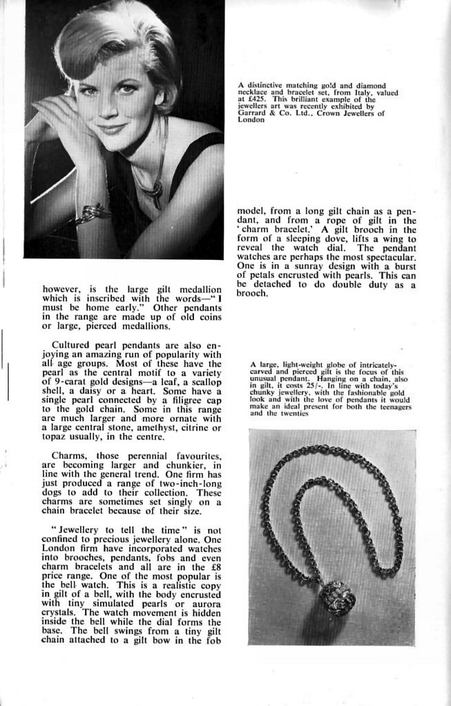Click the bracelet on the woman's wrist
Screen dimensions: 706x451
[x=93, y=213]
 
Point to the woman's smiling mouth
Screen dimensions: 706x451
[x=112, y=128]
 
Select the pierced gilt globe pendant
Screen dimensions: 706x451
[x=338, y=596]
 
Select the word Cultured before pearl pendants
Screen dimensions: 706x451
[x=72, y=344]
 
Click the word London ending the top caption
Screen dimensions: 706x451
[x=250, y=120]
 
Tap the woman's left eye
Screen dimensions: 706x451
[x=128, y=88]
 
